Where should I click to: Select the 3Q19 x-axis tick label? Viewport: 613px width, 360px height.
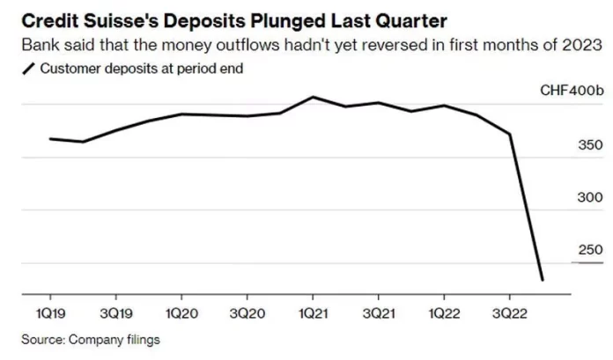115,312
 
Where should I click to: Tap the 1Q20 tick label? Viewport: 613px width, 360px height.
181,312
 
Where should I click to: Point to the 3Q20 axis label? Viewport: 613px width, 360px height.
247,312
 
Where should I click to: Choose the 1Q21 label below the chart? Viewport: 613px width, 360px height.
313,312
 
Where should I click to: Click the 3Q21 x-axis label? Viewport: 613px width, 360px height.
379,312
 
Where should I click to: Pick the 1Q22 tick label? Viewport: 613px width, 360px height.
444,312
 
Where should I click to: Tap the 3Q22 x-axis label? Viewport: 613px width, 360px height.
509,312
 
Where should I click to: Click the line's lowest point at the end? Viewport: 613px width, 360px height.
543,280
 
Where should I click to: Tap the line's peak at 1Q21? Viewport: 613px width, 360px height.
313,97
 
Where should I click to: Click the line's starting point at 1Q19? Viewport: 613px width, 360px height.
50,138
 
